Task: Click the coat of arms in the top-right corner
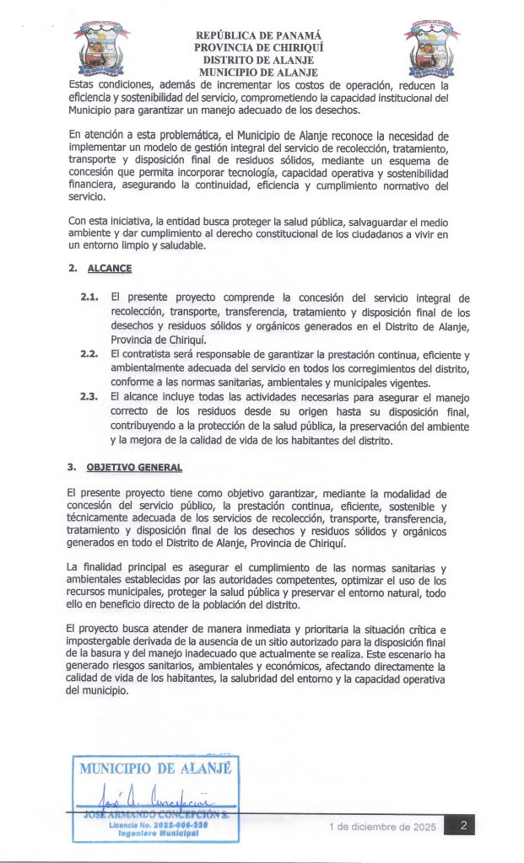click(x=431, y=48)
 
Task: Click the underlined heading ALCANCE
click(x=111, y=269)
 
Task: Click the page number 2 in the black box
click(x=463, y=827)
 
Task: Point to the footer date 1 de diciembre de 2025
click(x=382, y=828)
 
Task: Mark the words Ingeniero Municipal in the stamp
click(x=158, y=834)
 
